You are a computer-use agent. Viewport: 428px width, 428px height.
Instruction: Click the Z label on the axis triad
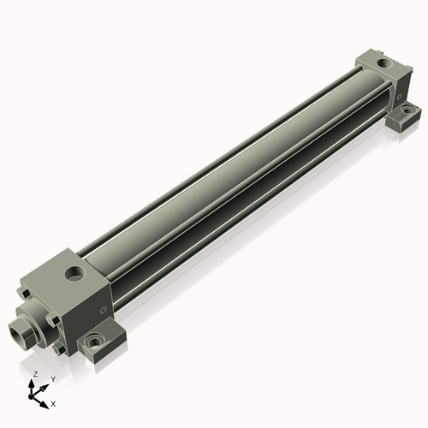[x=34, y=375]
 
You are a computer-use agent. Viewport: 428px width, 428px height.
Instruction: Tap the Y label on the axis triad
[x=52, y=378]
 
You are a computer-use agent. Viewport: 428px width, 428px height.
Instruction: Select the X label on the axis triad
[x=53, y=402]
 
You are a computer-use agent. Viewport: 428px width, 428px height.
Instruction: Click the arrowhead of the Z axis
[x=34, y=383]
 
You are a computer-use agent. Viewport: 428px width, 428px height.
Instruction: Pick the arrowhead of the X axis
[x=45, y=401]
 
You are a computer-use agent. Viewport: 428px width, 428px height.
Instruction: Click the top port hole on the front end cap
[x=76, y=275]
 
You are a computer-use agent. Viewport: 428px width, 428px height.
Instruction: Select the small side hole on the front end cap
[x=104, y=309]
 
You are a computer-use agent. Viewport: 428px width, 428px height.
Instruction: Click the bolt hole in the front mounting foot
[x=93, y=343]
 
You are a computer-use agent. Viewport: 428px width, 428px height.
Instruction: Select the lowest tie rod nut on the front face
[x=56, y=349]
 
